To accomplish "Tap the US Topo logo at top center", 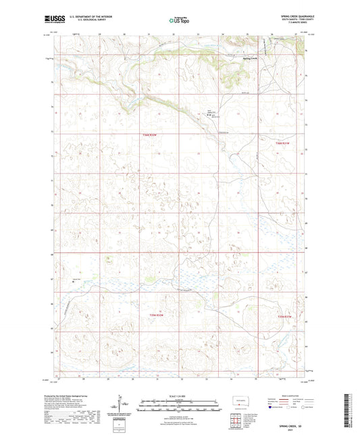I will pyautogui.click(x=179, y=20).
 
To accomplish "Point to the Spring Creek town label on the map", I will pyautogui.click(x=250, y=57).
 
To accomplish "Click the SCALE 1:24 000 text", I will pyautogui.click(x=180, y=395).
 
